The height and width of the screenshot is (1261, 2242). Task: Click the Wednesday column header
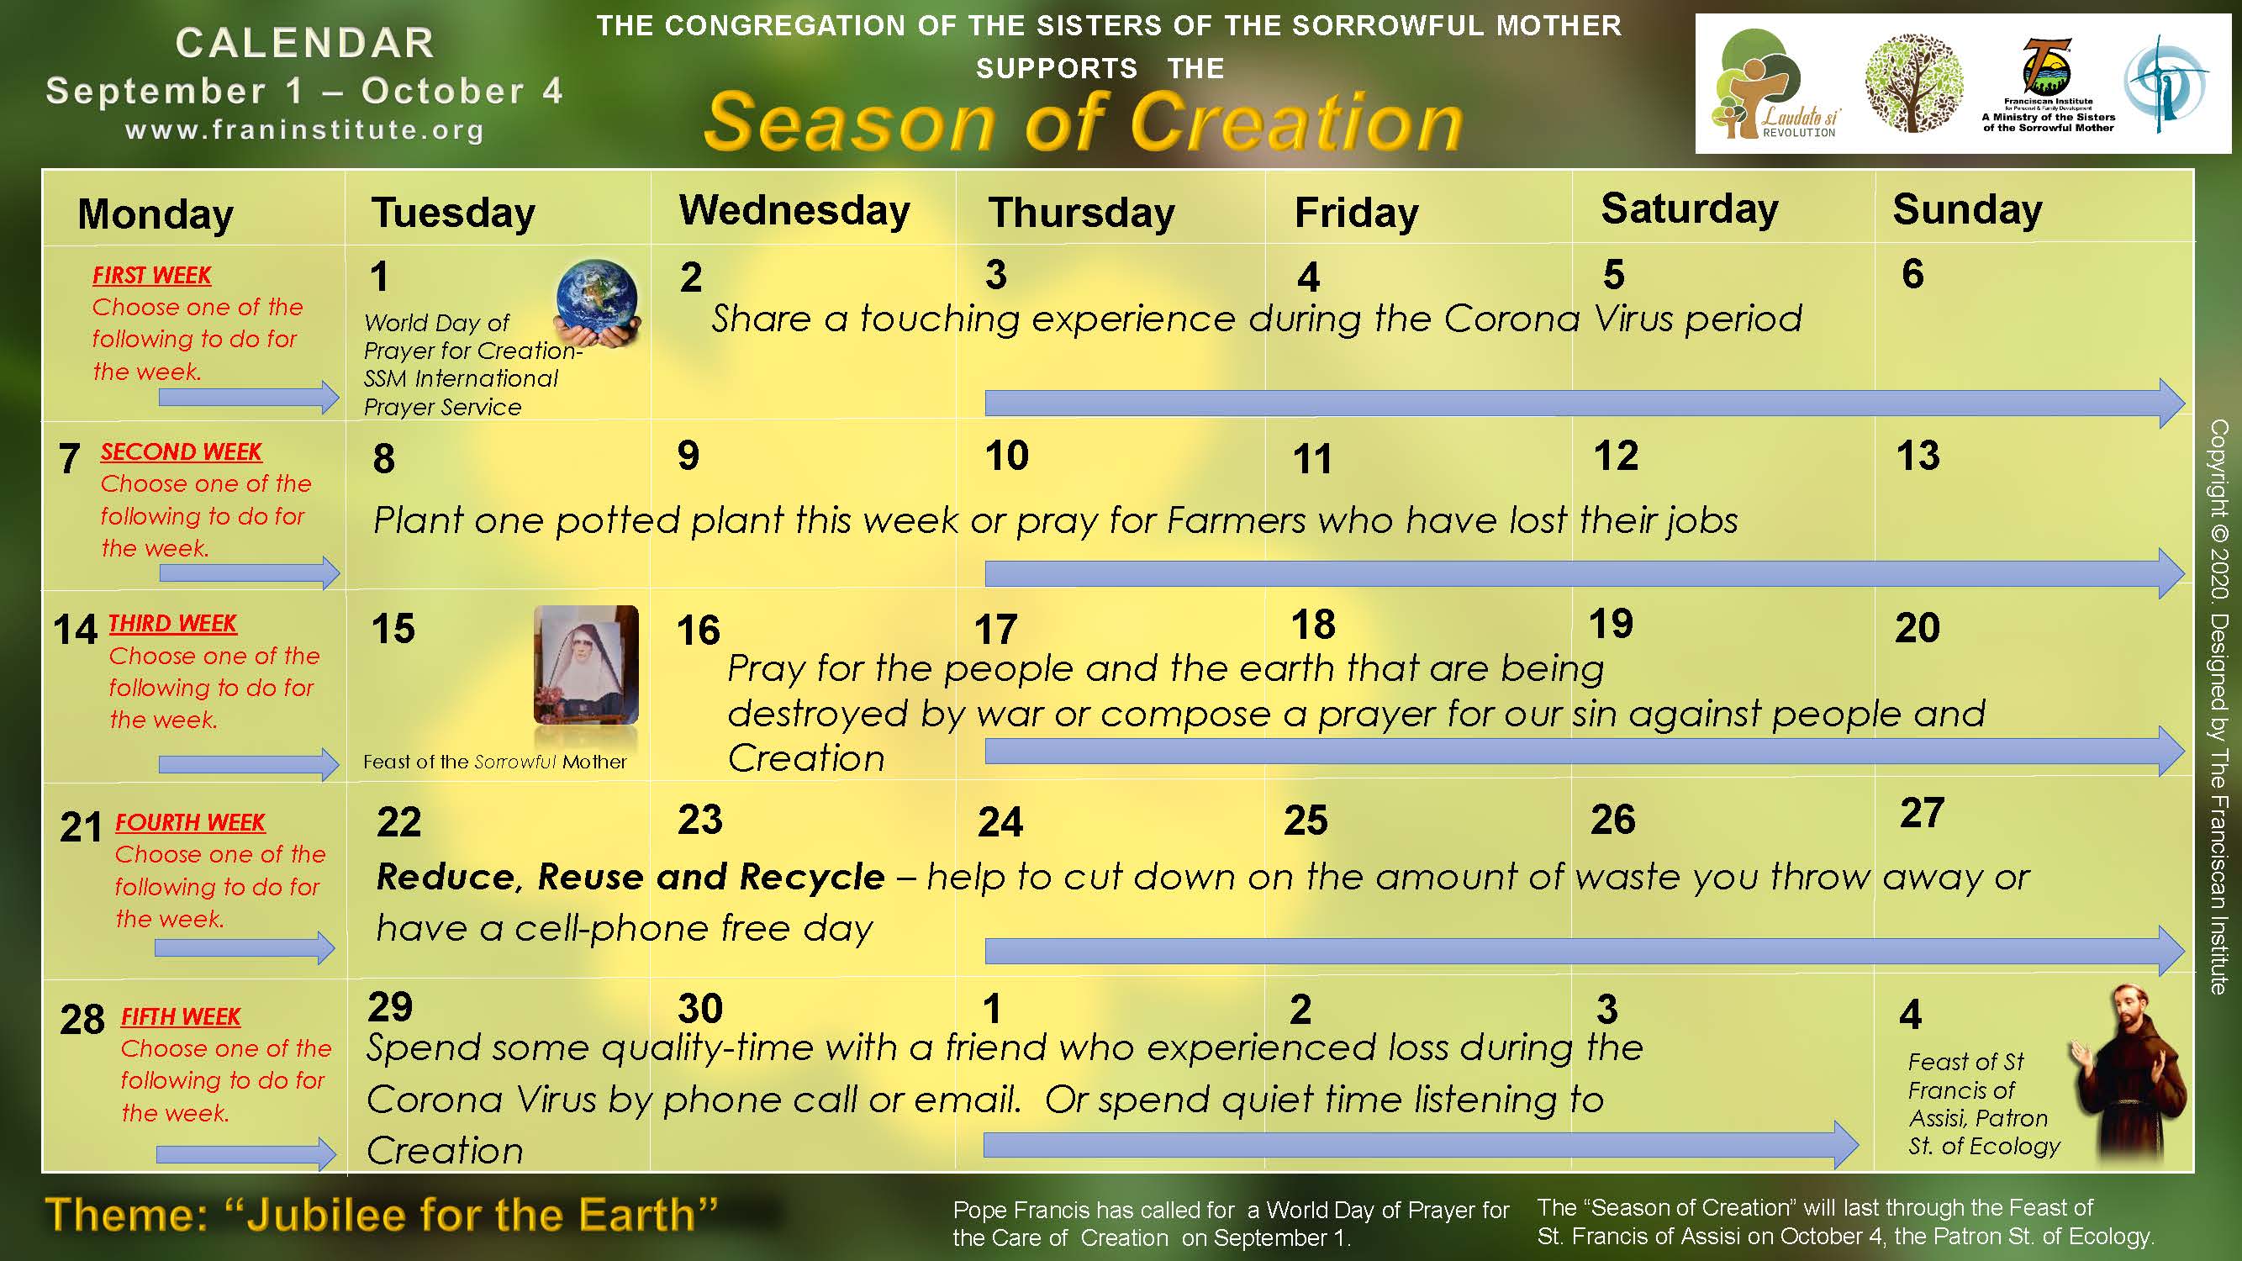coord(794,212)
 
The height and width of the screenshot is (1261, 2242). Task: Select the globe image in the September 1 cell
coord(598,302)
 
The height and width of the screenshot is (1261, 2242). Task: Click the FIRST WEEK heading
coord(151,275)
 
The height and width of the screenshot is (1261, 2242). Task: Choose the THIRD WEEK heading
coord(172,623)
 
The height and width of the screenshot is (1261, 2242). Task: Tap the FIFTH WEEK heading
coord(180,1016)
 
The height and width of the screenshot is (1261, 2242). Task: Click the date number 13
coord(1918,455)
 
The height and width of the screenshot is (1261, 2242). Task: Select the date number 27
coord(1922,813)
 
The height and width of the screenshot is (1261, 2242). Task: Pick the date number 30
coord(699,1009)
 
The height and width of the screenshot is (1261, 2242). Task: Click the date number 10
coord(1007,455)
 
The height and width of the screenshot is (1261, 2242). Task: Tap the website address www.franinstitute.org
coord(304,130)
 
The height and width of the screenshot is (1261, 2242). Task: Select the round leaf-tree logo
coord(1914,83)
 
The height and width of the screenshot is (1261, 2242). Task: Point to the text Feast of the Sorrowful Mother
coord(494,762)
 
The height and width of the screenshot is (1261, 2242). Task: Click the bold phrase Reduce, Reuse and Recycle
coord(630,876)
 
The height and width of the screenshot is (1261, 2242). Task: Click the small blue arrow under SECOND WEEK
coord(249,572)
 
